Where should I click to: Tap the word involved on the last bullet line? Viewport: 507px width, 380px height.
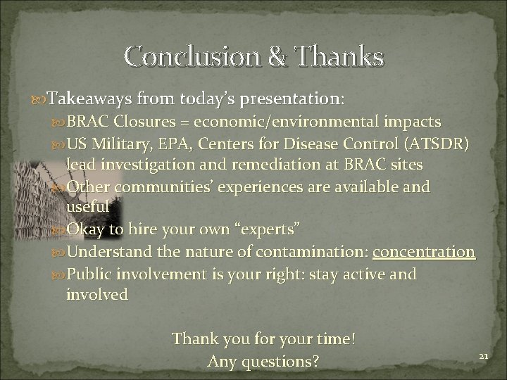point(96,294)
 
